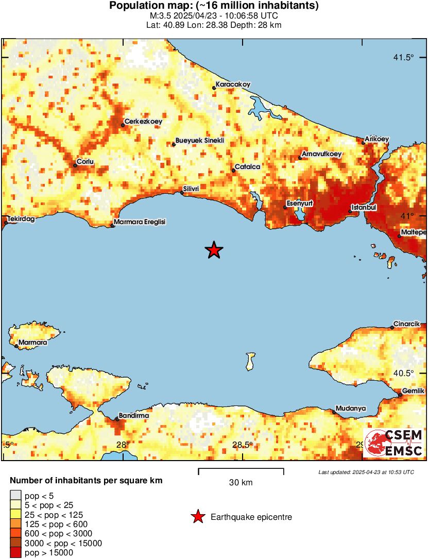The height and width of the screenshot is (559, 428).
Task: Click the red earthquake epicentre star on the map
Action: (x=214, y=250)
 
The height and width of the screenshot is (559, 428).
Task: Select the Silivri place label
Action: (x=192, y=189)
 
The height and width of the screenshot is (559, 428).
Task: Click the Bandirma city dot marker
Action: (x=117, y=419)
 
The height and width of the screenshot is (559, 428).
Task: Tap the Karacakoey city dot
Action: (x=214, y=88)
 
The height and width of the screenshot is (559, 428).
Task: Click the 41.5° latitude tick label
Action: (x=403, y=57)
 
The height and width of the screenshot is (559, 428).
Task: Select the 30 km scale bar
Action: (x=241, y=469)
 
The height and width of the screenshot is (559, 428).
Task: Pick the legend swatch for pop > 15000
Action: (x=16, y=553)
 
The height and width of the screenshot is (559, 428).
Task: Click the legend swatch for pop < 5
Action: (x=16, y=496)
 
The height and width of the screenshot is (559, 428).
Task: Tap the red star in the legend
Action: (x=197, y=517)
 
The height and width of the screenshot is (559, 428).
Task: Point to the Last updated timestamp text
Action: (x=366, y=472)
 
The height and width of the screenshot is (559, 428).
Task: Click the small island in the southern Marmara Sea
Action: (x=251, y=361)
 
